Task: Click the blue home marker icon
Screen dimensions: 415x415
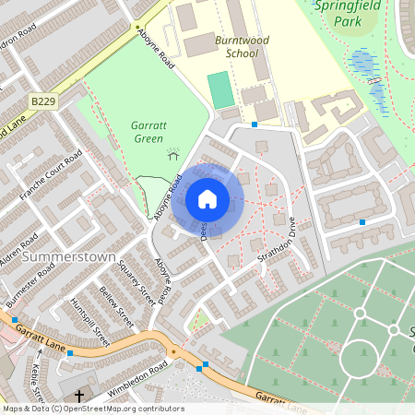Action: coord(207,198)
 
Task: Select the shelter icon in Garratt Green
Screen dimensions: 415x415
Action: coord(172,154)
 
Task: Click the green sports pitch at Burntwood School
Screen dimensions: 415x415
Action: coord(219,89)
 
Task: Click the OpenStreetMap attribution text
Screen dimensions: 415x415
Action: coord(93,409)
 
